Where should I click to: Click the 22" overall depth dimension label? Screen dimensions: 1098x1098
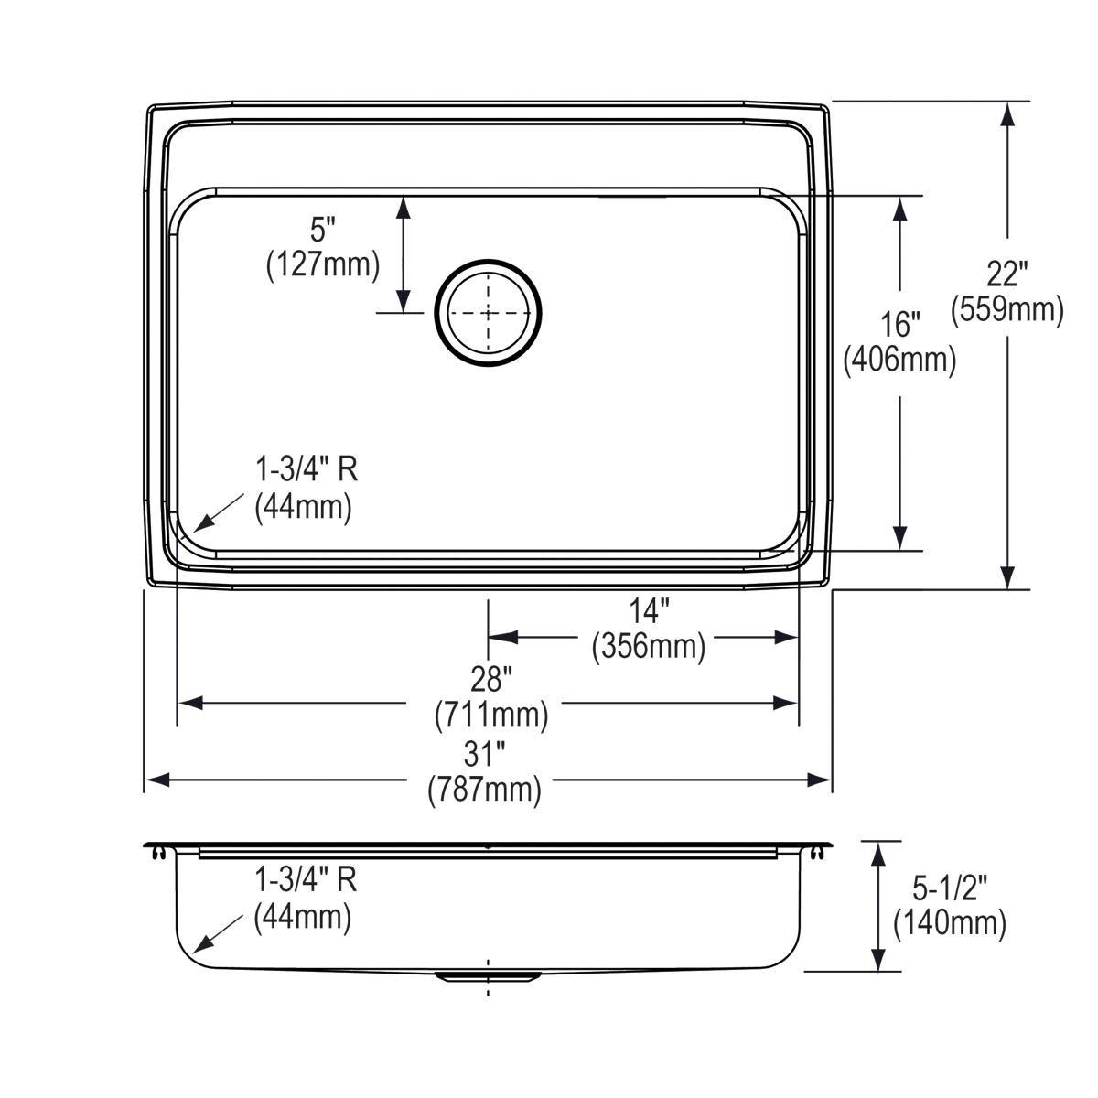point(1007,274)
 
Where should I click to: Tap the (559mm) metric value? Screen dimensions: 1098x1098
point(1007,309)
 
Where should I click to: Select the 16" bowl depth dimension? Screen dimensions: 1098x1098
point(899,324)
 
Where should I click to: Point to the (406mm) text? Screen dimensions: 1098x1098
point(899,360)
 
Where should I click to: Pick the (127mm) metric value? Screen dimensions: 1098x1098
point(323,264)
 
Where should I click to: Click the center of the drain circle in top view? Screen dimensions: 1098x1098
point(489,312)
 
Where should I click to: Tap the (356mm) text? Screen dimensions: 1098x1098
point(649,646)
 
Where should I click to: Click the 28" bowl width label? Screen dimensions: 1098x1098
point(490,679)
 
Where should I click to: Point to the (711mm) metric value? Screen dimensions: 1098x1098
point(490,715)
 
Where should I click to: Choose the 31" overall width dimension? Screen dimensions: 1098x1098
point(484,754)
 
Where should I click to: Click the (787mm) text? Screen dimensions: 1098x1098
point(484,790)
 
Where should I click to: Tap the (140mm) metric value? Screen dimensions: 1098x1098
point(950,923)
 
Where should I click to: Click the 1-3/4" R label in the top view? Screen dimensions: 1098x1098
point(306,469)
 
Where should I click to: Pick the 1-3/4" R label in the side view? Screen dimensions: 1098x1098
point(306,880)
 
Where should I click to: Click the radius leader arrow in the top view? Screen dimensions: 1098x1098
point(219,512)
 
